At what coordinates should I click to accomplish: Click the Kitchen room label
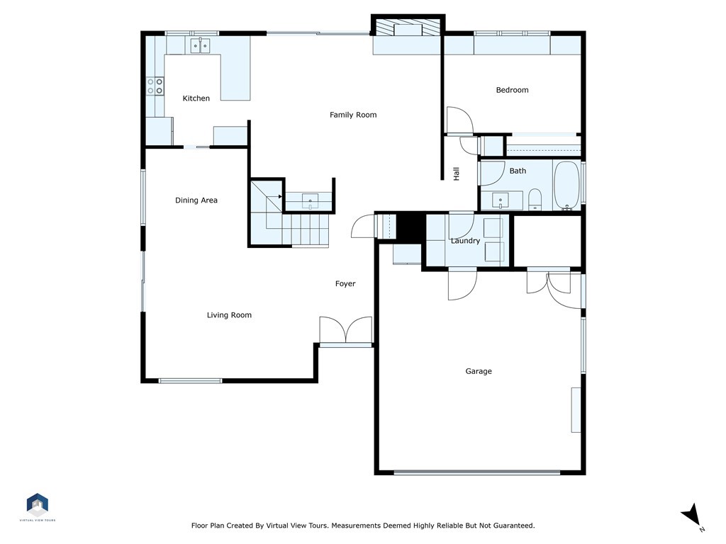pos(196,98)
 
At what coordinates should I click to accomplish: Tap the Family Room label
pos(353,115)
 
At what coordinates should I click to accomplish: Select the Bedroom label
pos(512,90)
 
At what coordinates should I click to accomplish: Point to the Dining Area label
pos(196,200)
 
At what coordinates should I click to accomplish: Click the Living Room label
pos(229,315)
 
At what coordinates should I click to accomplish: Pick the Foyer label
pos(345,283)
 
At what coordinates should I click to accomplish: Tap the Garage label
pos(479,371)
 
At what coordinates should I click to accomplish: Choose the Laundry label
pos(465,241)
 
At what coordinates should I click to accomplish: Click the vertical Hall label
pos(457,174)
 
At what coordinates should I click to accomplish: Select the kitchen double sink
pos(201,45)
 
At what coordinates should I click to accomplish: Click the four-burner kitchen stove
pos(155,86)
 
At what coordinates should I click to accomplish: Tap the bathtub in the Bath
pos(566,186)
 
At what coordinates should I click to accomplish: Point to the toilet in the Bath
pos(535,199)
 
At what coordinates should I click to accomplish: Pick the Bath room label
pos(518,171)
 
